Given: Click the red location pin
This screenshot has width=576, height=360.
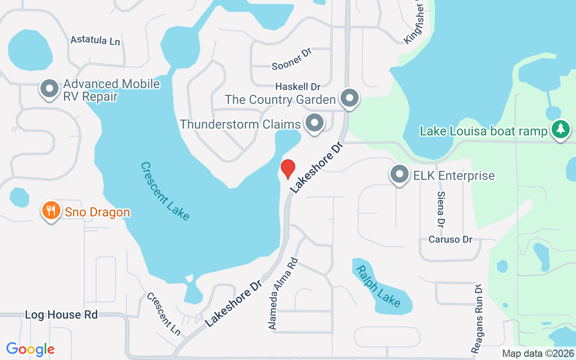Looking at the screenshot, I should click(x=288, y=169).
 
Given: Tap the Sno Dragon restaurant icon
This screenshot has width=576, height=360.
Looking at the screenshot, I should click(x=51, y=211).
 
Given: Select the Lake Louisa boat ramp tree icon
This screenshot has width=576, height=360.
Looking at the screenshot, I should click(x=560, y=129).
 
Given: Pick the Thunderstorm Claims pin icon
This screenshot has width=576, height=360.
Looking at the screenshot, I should click(x=315, y=122).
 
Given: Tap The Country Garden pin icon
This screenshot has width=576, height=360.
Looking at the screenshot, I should click(x=349, y=98).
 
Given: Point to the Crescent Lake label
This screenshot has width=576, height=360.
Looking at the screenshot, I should click(x=165, y=191).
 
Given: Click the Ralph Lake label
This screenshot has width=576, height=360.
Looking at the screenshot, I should click(x=378, y=286).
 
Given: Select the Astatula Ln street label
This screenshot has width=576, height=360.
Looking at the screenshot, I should click(x=95, y=40).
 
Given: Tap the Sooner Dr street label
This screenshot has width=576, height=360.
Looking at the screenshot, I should click(x=292, y=59).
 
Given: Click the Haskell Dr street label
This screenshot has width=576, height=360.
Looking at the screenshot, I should click(x=297, y=86).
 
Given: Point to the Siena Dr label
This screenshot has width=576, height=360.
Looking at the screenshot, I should click(x=441, y=208).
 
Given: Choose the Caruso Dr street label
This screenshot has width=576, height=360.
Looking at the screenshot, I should click(x=450, y=239).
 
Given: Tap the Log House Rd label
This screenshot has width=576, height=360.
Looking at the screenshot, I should click(x=61, y=315).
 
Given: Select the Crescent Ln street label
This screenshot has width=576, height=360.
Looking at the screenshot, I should click(x=164, y=314).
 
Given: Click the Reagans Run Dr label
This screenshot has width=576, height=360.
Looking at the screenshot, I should click(x=477, y=318).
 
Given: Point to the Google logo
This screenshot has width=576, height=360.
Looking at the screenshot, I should click(x=31, y=349).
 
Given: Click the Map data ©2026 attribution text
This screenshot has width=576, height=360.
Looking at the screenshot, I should click(x=538, y=353).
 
